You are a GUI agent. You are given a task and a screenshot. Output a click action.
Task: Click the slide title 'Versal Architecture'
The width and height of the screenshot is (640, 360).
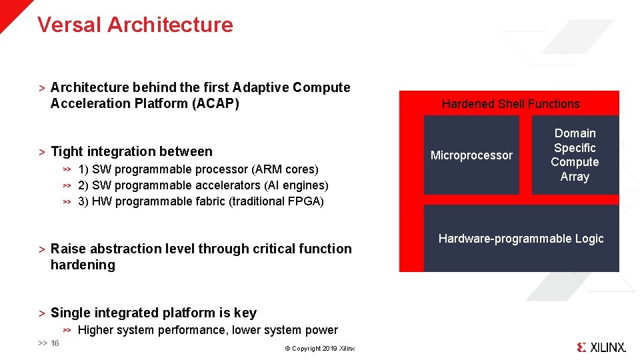135,25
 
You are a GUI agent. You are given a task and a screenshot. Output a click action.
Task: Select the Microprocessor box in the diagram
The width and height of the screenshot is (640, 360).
471,155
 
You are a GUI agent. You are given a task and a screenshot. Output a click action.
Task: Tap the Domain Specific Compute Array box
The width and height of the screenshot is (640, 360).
575,155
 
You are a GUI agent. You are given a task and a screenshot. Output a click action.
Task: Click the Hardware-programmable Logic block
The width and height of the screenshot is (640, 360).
521,239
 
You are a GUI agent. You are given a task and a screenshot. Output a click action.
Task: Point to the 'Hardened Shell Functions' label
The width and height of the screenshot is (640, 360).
511,104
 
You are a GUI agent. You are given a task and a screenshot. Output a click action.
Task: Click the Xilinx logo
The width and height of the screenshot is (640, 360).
601,347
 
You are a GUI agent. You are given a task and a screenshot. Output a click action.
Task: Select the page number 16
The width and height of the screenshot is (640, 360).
55,343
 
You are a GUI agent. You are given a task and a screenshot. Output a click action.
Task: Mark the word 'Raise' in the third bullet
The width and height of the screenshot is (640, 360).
68,249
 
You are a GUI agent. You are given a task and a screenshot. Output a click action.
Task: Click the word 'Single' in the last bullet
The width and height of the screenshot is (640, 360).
71,313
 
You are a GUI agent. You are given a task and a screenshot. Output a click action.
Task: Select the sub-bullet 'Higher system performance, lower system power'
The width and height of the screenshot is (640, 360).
207,330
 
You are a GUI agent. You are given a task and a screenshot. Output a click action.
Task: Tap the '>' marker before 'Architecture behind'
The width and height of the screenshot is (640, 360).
41,88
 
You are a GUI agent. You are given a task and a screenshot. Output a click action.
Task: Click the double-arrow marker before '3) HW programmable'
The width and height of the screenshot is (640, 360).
67,201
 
